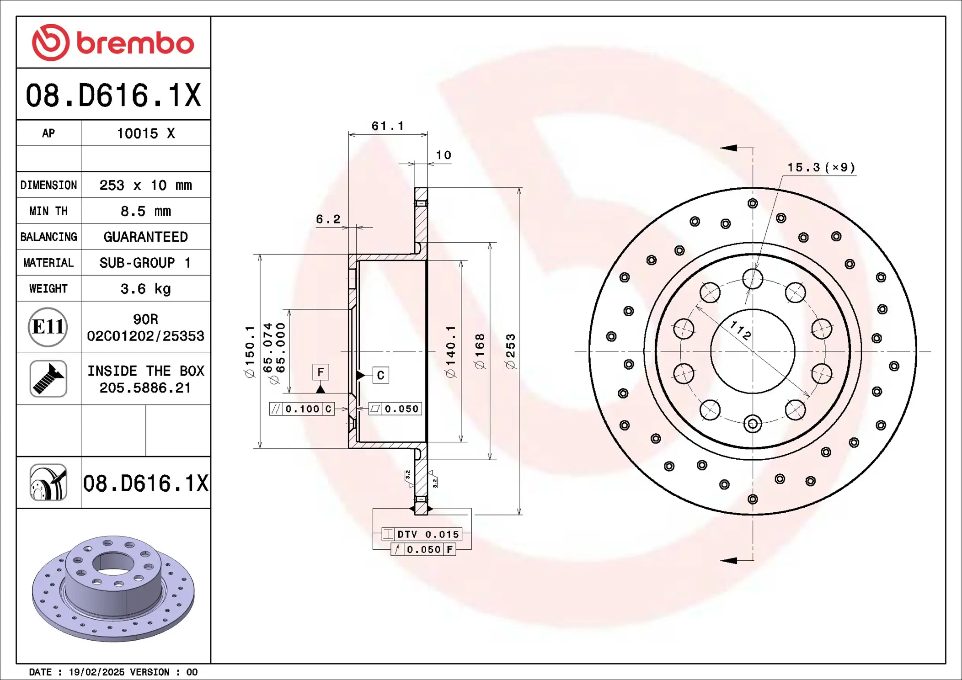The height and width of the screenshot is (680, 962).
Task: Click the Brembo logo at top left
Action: tap(113, 42)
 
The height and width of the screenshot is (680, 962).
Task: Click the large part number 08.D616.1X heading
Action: tap(113, 96)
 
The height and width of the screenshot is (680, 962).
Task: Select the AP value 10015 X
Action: tap(145, 133)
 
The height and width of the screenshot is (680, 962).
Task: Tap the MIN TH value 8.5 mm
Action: tap(145, 211)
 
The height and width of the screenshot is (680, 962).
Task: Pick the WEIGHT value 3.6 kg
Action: tap(145, 289)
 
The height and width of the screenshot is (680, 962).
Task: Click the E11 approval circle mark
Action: tap(48, 327)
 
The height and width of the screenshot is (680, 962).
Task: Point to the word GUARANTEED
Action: tap(145, 237)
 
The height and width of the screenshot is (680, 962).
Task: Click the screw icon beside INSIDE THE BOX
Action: tap(48, 379)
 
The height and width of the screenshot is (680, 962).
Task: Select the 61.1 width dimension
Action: tap(387, 126)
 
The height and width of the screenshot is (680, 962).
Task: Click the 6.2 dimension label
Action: tap(328, 219)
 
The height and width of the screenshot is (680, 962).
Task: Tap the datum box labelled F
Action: tap(321, 372)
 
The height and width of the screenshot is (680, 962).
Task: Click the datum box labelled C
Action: tap(380, 375)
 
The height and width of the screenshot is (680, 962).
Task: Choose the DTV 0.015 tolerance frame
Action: tap(422, 534)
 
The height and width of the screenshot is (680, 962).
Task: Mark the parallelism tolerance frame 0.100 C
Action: tap(302, 409)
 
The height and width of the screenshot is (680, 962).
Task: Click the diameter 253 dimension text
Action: tap(511, 351)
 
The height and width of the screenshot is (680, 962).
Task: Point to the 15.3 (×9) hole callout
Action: tap(821, 167)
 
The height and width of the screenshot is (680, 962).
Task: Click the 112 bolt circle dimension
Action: tap(740, 330)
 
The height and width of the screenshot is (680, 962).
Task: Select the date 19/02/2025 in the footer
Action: tap(96, 672)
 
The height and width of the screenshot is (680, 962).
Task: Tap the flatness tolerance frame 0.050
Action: tap(395, 409)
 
